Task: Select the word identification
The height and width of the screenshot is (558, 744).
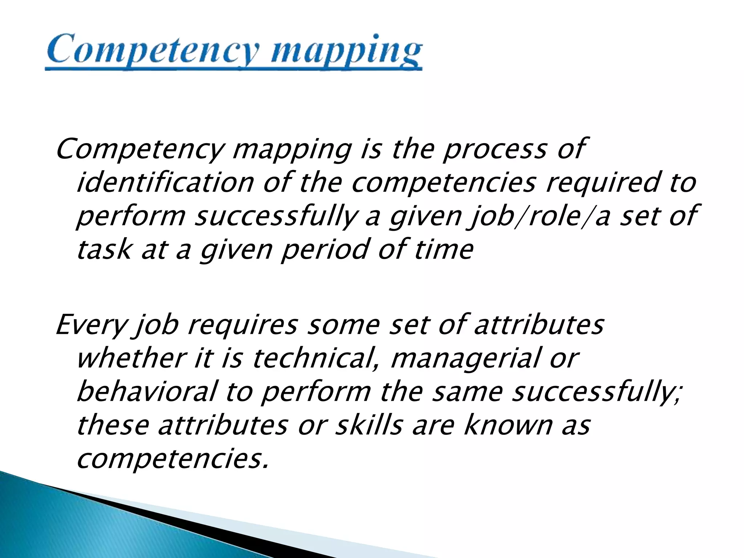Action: point(165,182)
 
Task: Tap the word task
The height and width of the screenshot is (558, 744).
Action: point(104,250)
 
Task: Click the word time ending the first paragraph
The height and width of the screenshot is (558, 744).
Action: point(444,250)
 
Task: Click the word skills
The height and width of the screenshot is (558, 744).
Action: point(369,425)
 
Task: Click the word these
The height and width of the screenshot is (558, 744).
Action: point(113,425)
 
